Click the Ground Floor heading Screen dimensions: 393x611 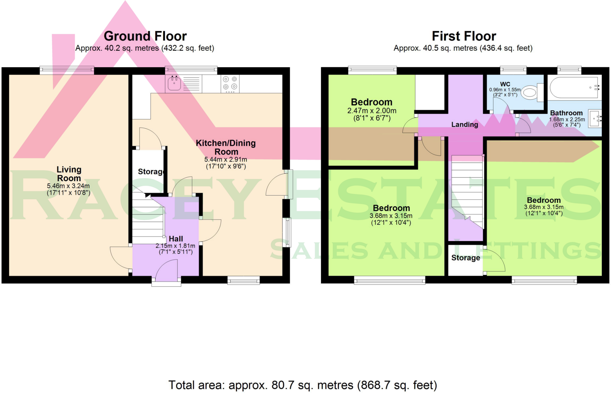(145, 36)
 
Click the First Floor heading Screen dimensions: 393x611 (464, 36)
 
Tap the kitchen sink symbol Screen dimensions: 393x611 (174, 83)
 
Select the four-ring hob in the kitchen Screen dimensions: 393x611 (230, 83)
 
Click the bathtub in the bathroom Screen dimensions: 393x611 (574, 87)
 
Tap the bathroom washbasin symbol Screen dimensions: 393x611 (595, 119)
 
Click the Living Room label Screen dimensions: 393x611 (69, 174)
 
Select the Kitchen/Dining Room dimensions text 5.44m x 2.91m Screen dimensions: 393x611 (226, 159)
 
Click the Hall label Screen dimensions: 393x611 (176, 239)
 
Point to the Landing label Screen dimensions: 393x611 (465, 125)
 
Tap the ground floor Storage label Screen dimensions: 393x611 (151, 172)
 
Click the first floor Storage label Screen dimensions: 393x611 (465, 258)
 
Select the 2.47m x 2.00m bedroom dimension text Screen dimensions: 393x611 (372, 111)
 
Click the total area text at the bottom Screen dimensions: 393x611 (303, 385)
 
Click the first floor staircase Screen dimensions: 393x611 (467, 191)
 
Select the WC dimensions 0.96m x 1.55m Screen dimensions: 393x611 (505, 90)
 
